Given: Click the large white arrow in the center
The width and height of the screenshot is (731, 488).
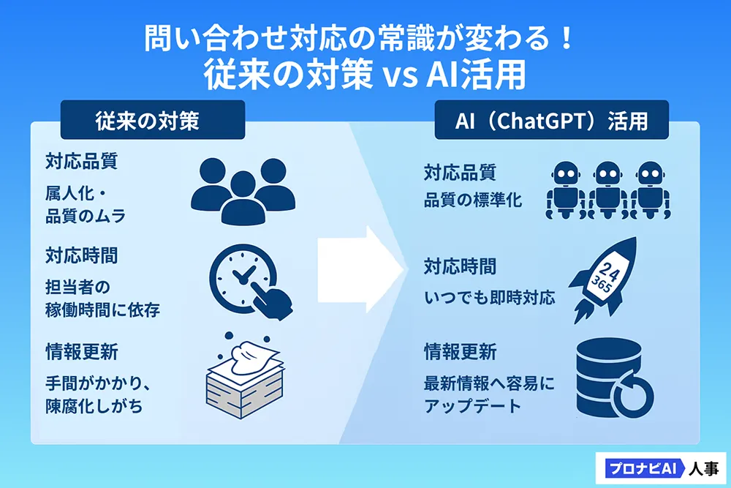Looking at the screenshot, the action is point(360,269).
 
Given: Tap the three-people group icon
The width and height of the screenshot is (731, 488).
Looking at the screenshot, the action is point(243,192).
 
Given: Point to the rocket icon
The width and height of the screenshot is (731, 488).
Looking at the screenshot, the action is point(602,280).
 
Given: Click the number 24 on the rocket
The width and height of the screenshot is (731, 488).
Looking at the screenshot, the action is point(608,271).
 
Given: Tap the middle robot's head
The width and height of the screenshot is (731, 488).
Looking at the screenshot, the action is point(608,173).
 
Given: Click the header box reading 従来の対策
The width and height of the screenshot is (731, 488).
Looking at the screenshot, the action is point(153,120).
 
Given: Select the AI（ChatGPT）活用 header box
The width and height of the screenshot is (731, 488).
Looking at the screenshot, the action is point(551,120).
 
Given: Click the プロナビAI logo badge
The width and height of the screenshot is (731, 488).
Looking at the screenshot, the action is point(642,468).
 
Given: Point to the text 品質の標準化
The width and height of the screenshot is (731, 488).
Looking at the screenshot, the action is point(473,200).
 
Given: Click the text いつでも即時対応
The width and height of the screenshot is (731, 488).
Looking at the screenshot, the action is point(490,297).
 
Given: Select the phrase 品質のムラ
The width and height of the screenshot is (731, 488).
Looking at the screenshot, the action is point(86,216).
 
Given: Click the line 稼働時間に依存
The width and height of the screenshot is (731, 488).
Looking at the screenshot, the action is point(102,309).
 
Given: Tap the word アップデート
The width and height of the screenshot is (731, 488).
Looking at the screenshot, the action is point(471,406).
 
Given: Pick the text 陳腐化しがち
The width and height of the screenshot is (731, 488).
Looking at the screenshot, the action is point(94,406).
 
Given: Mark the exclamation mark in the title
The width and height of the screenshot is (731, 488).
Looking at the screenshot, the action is point(567,38).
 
